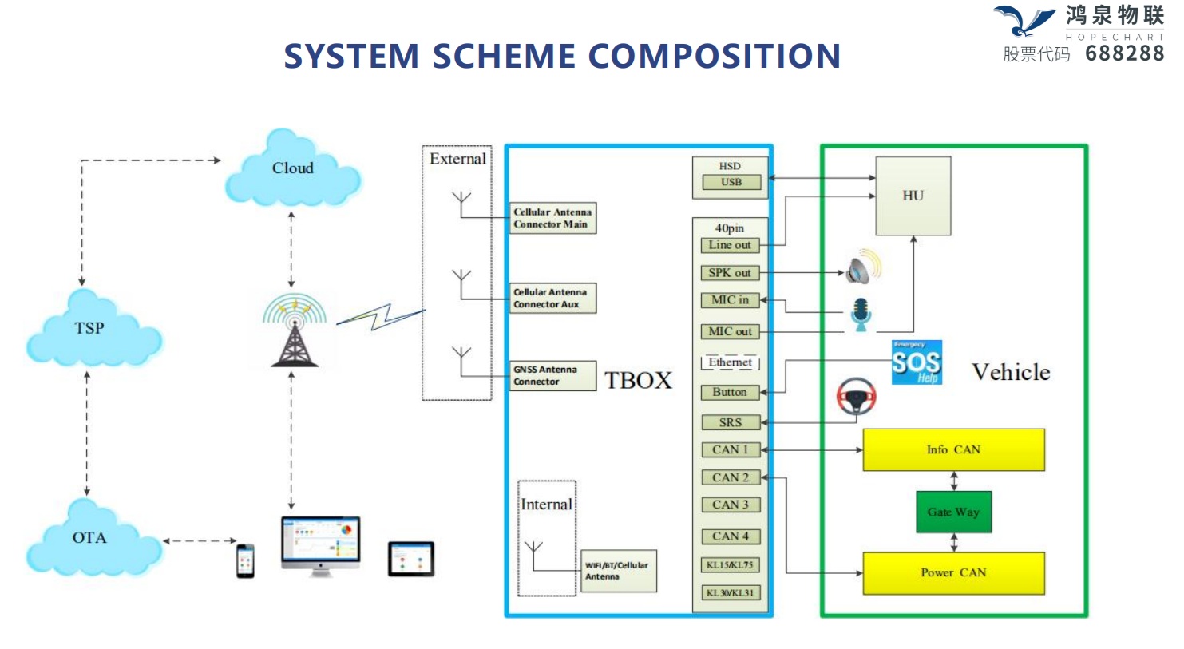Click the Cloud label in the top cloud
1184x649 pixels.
[x=292, y=168]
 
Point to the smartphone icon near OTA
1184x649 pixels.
[x=245, y=560]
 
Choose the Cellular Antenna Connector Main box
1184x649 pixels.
[x=552, y=218]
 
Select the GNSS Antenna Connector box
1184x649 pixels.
[x=552, y=376]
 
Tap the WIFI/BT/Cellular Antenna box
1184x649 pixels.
[x=618, y=571]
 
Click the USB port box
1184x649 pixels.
[x=731, y=183]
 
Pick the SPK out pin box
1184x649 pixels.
[x=730, y=273]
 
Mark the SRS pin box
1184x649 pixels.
[x=730, y=423]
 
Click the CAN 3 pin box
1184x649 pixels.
[x=730, y=505]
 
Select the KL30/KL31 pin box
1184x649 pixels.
[x=730, y=593]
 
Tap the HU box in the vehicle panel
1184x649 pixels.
[x=913, y=196]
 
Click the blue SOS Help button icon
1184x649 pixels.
[x=917, y=363]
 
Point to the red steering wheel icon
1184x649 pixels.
[x=856, y=396]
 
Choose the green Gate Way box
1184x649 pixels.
[x=953, y=512]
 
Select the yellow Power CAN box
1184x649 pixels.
[x=953, y=573]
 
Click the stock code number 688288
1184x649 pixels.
[x=1124, y=54]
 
